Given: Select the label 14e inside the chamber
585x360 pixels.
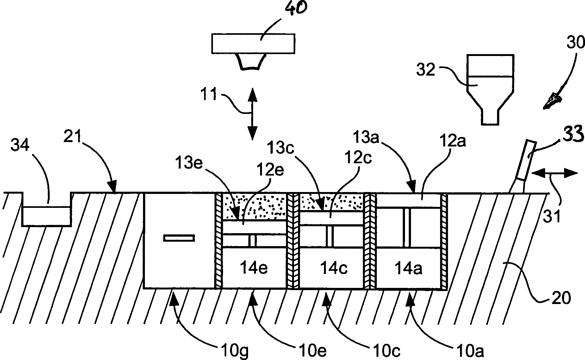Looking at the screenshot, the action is pyautogui.click(x=254, y=268).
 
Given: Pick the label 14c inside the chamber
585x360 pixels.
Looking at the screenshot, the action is pyautogui.click(x=334, y=268).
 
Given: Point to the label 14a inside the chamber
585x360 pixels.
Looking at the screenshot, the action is pyautogui.click(x=408, y=269).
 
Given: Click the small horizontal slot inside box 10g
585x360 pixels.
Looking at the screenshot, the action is pyautogui.click(x=179, y=238).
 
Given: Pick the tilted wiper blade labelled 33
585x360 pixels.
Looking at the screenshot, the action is pyautogui.click(x=523, y=167).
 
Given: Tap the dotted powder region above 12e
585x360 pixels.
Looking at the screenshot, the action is pyautogui.click(x=255, y=206).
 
